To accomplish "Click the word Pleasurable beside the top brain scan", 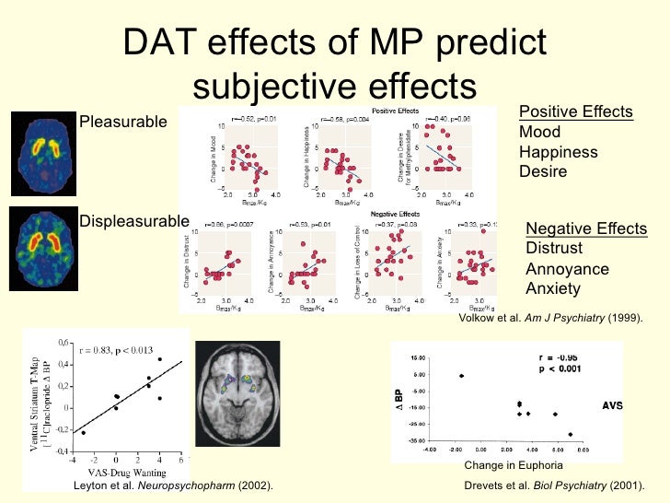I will (x=123, y=122).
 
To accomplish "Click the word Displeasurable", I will (x=134, y=221).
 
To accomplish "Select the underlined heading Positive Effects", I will (x=576, y=112).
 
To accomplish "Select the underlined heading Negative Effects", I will (x=586, y=229).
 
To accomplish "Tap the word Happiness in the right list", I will (x=559, y=152).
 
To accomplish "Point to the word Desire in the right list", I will (x=543, y=172).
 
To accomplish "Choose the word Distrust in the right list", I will (x=554, y=249).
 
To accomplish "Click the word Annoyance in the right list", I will (x=567, y=269).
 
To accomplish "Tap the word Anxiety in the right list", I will (x=553, y=289).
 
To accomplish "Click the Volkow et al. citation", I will (x=549, y=318).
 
